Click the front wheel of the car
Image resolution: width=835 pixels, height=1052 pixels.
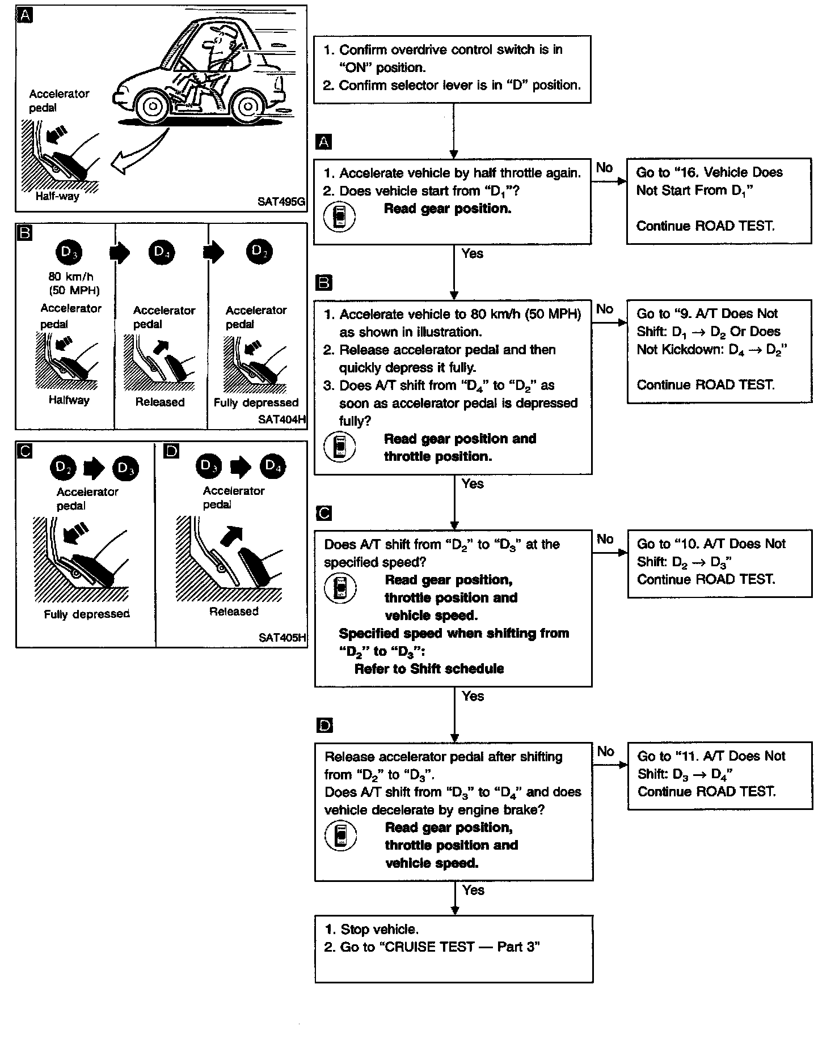tap(152, 105)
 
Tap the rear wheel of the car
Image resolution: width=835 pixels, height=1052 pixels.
tap(246, 106)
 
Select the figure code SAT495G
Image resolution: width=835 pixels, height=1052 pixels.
tap(280, 201)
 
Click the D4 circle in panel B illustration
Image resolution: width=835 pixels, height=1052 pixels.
tap(162, 252)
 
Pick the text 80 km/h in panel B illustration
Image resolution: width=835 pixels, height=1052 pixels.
tap(71, 277)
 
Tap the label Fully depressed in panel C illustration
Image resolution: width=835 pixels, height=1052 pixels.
tap(87, 614)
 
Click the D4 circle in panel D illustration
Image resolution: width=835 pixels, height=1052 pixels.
tap(272, 466)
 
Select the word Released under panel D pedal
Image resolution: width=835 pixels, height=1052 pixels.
tap(234, 612)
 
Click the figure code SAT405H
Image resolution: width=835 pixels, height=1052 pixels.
tap(282, 637)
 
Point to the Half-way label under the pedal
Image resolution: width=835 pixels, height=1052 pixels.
tap(57, 196)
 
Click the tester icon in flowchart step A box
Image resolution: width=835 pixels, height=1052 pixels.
tap(339, 217)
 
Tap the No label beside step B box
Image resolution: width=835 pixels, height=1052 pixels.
tap(605, 309)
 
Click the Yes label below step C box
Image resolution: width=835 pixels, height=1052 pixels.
tap(473, 696)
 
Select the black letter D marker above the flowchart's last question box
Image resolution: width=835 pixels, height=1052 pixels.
tap(324, 726)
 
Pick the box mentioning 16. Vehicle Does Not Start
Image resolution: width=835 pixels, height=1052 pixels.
tap(719, 201)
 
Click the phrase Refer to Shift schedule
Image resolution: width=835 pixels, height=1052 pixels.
tap(429, 669)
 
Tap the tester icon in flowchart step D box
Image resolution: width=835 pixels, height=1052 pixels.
tap(340, 835)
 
